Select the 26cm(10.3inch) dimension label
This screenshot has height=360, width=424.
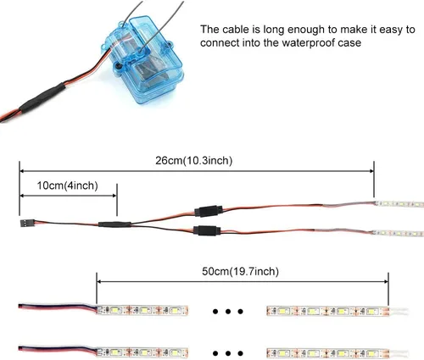194,161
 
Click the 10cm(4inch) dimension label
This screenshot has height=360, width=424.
68,186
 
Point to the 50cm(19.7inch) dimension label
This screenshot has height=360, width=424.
240,271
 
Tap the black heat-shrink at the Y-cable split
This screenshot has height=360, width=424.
114,224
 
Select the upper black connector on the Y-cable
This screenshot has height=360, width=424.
209,211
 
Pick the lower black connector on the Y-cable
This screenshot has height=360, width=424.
206,230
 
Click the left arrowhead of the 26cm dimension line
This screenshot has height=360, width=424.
22,171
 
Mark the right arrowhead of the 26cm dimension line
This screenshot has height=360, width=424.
371,171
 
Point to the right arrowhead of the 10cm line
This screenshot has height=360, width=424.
114,196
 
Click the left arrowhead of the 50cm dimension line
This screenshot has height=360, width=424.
99,281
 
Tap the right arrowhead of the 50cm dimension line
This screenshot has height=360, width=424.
386,281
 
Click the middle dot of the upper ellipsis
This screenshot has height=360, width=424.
228,312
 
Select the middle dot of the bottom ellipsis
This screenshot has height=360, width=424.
228,353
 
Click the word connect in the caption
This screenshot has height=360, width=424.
220,43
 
